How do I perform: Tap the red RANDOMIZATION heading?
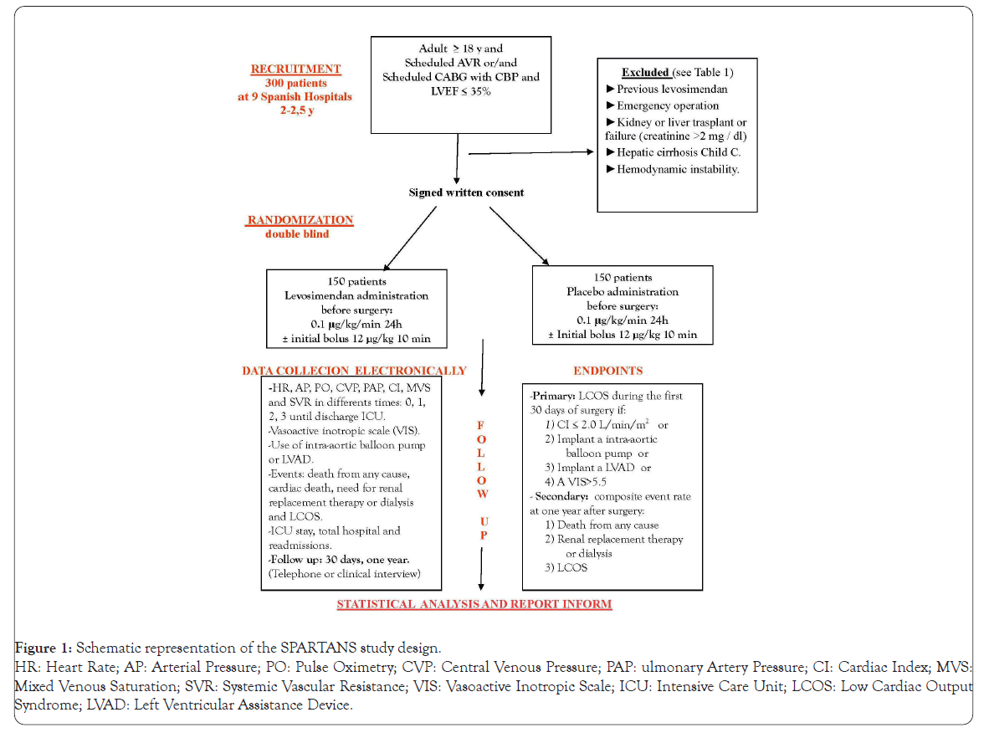pos(300,220)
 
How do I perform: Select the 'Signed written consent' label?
pos(466,192)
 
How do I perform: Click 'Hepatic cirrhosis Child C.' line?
pos(678,151)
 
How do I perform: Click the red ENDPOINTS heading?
pos(607,370)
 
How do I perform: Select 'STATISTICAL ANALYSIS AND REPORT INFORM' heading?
pos(474,603)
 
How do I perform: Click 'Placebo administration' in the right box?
pos(623,292)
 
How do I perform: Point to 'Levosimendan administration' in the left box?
pos(356,295)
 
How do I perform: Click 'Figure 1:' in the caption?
pos(44,648)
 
